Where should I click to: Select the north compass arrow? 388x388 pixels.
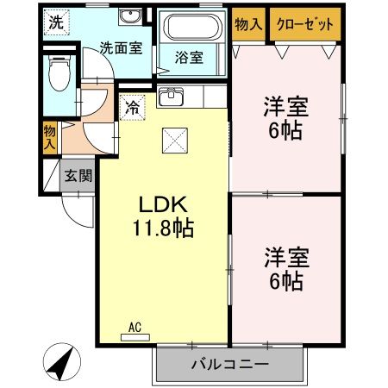(58, 364)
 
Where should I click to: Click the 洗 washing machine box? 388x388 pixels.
(55, 23)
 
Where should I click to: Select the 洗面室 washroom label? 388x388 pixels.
(121, 49)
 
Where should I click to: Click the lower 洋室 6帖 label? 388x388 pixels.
(285, 268)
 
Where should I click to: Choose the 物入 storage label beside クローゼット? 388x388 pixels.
(249, 24)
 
